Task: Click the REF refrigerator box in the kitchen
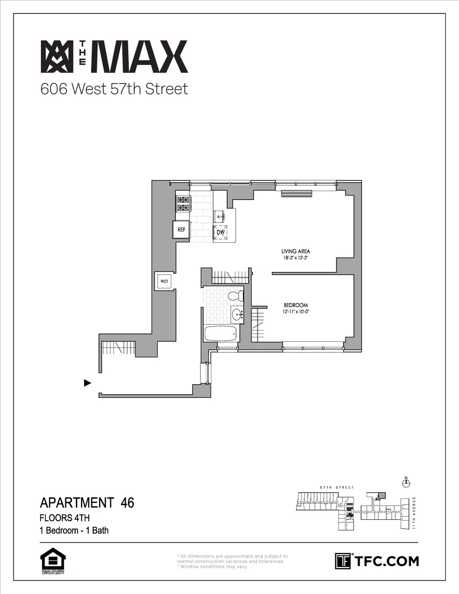pyautogui.click(x=182, y=229)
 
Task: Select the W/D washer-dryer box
pyautogui.click(x=164, y=282)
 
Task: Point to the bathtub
pyautogui.click(x=221, y=334)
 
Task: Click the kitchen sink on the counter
pyautogui.click(x=221, y=216)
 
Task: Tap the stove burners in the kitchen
pyautogui.click(x=182, y=203)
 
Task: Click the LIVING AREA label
pyautogui.click(x=295, y=251)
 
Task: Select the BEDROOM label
pyautogui.click(x=296, y=305)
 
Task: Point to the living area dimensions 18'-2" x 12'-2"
pyautogui.click(x=295, y=258)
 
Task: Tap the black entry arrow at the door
pyautogui.click(x=88, y=382)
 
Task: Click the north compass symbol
pyautogui.click(x=406, y=483)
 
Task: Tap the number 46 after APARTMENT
pyautogui.click(x=127, y=502)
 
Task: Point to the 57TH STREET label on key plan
pyautogui.click(x=337, y=488)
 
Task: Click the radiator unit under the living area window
pyautogui.click(x=297, y=194)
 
